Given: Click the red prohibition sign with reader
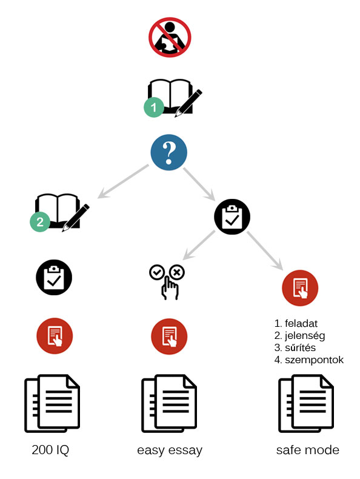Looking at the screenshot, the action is point(170,37).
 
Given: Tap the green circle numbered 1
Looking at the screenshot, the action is point(154,107).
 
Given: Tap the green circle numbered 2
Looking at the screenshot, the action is point(40,221).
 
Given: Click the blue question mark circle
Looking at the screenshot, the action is point(169,152).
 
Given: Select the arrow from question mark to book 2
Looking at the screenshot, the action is point(123,181).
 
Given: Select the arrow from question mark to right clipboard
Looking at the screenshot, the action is point(199,184).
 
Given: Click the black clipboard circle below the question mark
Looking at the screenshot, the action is point(232,216).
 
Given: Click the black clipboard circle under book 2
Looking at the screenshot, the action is point(54,277).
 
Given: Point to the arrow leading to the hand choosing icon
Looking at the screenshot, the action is point(199,245).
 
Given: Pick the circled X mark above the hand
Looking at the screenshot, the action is point(177,272).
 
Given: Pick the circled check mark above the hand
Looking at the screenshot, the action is point(157,272).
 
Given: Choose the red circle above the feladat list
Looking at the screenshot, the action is point(300,288).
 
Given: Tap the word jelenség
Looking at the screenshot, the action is point(305,335).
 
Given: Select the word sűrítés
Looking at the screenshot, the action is point(300,347).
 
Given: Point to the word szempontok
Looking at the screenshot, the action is point(314,360).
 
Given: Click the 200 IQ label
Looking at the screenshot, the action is point(50,450).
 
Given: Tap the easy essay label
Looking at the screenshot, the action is point(170,451).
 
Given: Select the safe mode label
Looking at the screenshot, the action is point(308,450).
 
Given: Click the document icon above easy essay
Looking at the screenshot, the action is point(169,403).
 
